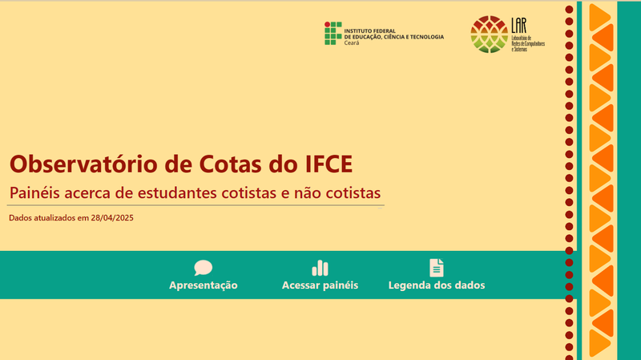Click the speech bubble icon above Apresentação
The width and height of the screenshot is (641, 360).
click(x=203, y=268)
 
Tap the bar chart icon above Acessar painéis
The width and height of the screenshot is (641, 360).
click(x=320, y=268)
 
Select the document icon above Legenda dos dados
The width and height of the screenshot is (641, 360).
click(x=436, y=268)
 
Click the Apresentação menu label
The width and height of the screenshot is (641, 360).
click(x=203, y=285)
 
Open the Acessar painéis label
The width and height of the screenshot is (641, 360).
click(x=320, y=285)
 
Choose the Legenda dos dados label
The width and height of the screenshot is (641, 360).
click(x=436, y=285)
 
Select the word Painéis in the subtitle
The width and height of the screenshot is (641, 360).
click(x=36, y=193)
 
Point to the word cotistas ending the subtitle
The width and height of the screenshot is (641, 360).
click(x=352, y=193)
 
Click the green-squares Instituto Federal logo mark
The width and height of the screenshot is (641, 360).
click(x=332, y=33)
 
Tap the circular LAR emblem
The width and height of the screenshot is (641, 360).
click(x=488, y=34)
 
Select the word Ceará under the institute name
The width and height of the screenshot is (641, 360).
click(x=352, y=42)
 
